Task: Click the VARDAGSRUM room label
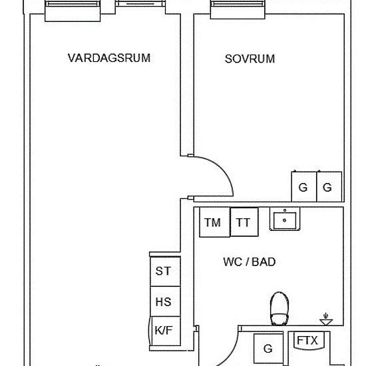109,58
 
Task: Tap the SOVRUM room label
250,59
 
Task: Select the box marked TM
213,222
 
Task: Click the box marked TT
244,222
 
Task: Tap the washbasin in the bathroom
285,219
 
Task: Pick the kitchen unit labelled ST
163,271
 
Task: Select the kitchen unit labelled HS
163,301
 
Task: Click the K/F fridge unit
162,330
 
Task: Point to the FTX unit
307,341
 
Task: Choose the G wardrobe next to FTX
268,348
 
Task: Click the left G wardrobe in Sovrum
303,187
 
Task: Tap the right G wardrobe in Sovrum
327,187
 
